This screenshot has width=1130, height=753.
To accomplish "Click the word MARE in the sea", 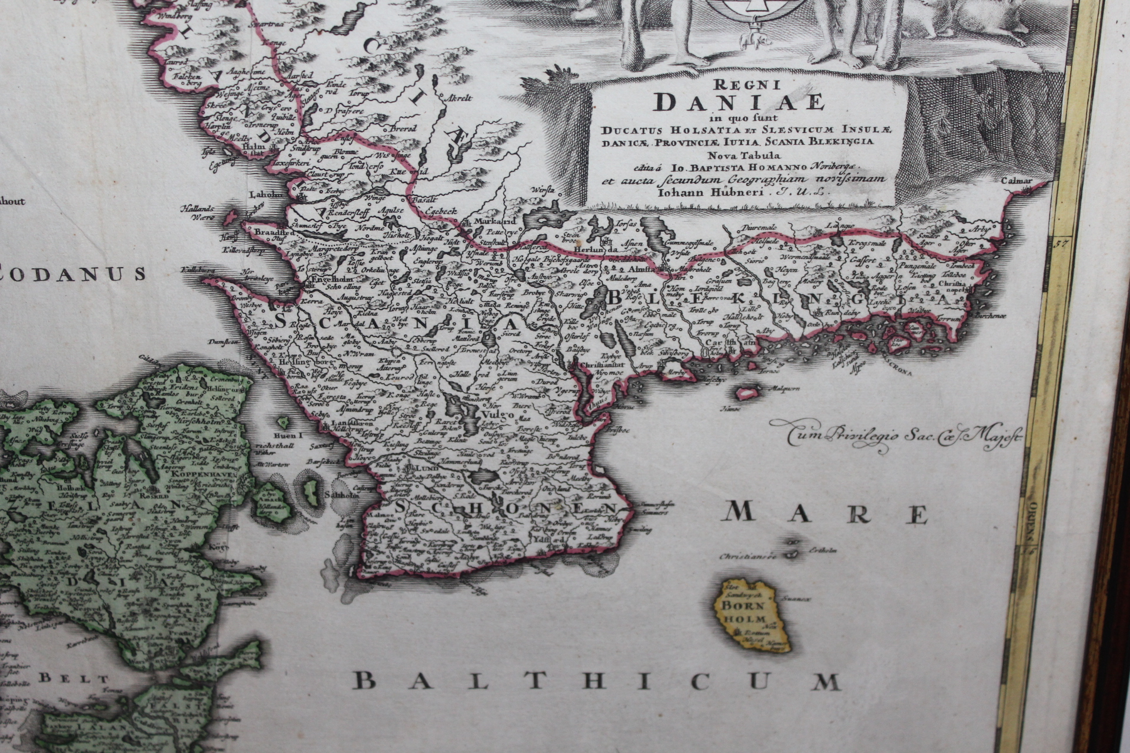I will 826,514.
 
